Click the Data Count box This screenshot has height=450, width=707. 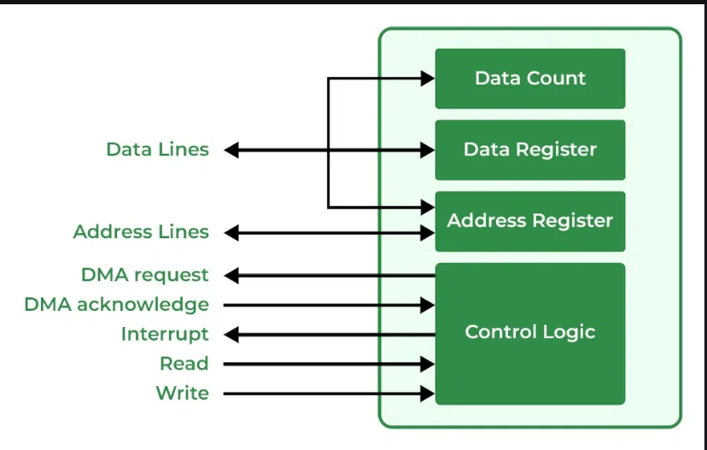[529, 79]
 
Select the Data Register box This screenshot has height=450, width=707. [529, 149]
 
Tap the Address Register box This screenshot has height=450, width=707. [529, 221]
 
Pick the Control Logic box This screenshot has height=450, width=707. [529, 333]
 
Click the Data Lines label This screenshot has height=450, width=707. [157, 149]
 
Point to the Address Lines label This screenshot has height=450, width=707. [141, 232]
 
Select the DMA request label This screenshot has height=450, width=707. [144, 275]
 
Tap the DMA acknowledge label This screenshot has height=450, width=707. [116, 304]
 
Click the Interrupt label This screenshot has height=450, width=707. [164, 334]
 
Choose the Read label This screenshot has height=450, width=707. [184, 364]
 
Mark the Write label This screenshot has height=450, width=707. [182, 393]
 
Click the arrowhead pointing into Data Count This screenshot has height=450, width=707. [428, 79]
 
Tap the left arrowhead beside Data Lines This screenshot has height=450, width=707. [231, 150]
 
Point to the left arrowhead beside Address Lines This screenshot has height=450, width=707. [231, 232]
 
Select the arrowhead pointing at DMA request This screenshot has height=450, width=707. [231, 275]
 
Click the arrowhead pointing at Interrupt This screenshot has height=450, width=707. [231, 334]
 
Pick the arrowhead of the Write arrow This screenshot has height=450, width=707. [428, 393]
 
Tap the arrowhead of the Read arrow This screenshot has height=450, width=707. [428, 364]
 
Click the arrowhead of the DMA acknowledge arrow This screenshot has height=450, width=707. [428, 304]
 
